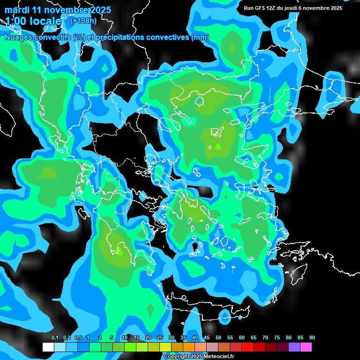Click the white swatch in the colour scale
pyautogui.click(x=48, y=347)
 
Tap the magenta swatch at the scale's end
pyautogui.click(x=306, y=347)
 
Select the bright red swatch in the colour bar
pyautogui.click(x=247, y=347)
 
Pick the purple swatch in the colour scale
pyautogui.click(x=294, y=347)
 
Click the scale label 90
pyautogui.click(x=312, y=338)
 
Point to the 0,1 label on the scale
pyautogui.click(x=55, y=338)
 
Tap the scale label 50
pyautogui.click(x=218, y=338)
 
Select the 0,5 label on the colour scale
pyautogui.click(x=78, y=338)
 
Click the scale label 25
pyautogui.click(x=160, y=338)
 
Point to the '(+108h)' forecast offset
pyautogui.click(x=83, y=21)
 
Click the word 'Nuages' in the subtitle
pyautogui.click(x=19, y=37)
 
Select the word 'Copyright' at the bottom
pyautogui.click(x=176, y=357)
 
